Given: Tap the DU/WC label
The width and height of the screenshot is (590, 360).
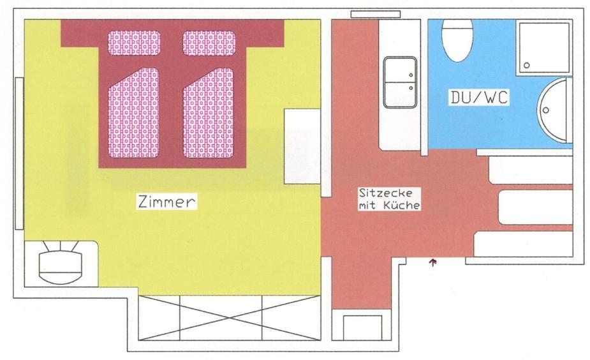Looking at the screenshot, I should point(479,98).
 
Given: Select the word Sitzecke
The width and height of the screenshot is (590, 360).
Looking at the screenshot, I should point(386,192).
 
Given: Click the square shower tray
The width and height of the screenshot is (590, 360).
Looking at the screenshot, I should point(543,47).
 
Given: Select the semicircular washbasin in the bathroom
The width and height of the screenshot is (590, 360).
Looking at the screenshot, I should point(554,110).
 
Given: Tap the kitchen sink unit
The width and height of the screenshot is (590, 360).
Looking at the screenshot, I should point(400,82).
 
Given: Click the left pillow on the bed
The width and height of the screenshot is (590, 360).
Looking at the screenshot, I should point(134,43).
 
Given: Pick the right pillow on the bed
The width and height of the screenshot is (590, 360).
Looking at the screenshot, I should point(209,43).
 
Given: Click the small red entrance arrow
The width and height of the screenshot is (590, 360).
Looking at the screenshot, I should point(433,262).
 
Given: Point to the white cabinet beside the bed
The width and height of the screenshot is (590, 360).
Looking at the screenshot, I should point(302,146).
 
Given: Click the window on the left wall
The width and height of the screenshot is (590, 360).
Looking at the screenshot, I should point(19,153).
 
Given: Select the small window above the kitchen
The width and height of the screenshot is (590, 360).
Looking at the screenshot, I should point(371,14).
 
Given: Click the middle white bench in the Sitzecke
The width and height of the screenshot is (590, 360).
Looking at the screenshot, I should point(535,207).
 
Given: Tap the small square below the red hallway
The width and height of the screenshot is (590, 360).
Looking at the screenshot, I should point(362,327).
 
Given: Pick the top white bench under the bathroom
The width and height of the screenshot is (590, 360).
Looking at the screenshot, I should point(530,170).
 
